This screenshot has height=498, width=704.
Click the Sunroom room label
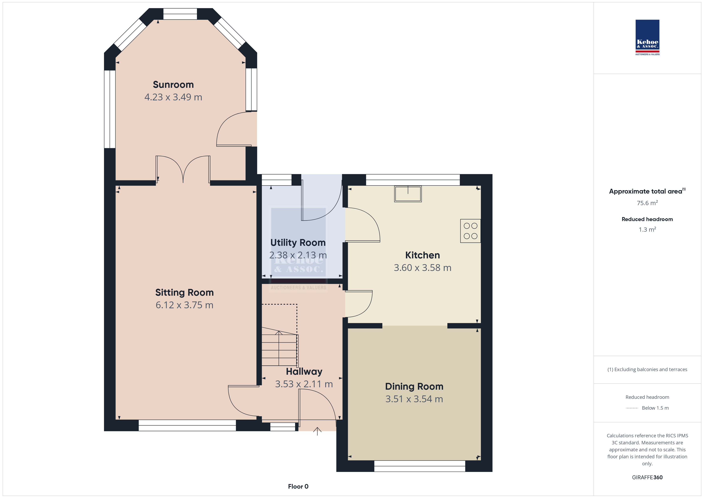pos(173,85)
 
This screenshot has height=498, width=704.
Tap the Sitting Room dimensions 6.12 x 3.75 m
pos(184,305)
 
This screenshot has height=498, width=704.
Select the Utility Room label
pos(298,243)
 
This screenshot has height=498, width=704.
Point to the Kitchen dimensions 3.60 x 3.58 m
pos(422,268)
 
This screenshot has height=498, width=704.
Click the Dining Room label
pos(414,387)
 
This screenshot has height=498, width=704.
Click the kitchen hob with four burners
pos(470,231)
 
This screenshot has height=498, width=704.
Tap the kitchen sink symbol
pos(408,194)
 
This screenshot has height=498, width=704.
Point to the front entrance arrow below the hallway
pos(317,431)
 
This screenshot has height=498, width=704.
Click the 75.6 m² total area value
pos(647,203)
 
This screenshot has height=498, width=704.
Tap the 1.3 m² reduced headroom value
pos(647,229)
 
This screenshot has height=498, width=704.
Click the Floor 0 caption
pos(298,486)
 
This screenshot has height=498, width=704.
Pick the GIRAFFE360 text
pos(647,477)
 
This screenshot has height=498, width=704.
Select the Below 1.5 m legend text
pos(655,408)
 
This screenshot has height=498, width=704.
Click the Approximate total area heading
pos(647,191)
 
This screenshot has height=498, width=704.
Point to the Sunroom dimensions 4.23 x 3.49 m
pos(173,97)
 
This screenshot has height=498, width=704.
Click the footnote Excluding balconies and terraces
pos(647,370)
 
